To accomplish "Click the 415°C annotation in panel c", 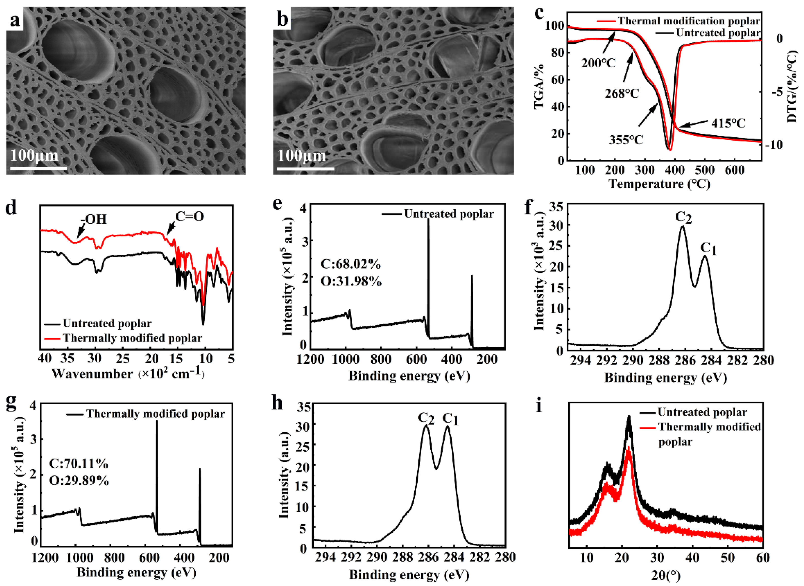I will (728, 123).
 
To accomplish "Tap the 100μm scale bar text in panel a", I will (34, 155).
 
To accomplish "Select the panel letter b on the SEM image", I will (283, 19).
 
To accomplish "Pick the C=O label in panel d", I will (190, 216).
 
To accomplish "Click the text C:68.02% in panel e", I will (351, 264).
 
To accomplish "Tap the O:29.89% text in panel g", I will (79, 481).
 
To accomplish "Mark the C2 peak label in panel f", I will (683, 217).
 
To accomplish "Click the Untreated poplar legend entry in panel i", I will (702, 412).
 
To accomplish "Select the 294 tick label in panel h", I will (325, 558).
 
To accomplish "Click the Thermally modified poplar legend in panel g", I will (155, 414).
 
